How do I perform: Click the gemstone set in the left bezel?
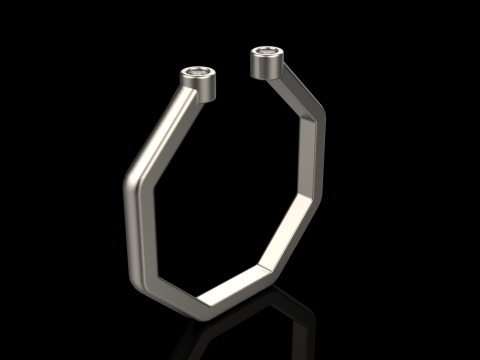200,72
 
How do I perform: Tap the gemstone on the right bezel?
267,50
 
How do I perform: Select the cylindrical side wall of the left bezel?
202,87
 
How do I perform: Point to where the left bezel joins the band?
190,94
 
